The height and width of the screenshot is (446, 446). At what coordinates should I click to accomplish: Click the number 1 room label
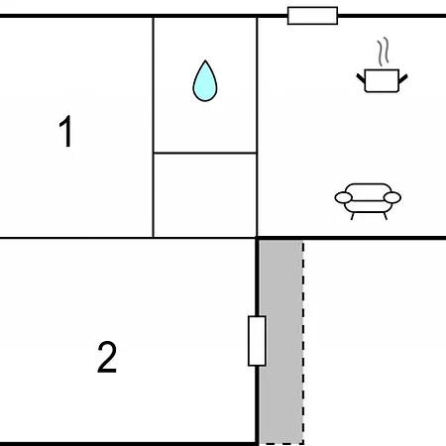tap(66, 131)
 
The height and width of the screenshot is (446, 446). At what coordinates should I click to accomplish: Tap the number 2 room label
tap(107, 357)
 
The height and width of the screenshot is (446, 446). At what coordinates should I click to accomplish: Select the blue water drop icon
tap(205, 81)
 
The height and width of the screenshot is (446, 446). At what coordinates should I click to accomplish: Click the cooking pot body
tap(382, 80)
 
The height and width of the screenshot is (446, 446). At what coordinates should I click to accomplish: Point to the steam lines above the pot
tap(384, 52)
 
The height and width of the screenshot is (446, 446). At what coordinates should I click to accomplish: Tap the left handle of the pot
tap(361, 78)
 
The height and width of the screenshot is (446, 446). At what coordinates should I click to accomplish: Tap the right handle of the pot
tap(403, 78)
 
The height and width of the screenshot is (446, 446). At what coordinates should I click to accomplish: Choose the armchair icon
tap(368, 201)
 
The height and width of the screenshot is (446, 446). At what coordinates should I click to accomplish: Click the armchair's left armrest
tap(344, 197)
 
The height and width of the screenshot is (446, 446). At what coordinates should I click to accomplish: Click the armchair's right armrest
tap(392, 197)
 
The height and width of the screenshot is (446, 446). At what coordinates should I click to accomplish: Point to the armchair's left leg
tap(353, 216)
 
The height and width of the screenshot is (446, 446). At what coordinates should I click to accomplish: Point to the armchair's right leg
tap(385, 216)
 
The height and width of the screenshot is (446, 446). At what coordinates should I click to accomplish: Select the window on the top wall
tap(312, 16)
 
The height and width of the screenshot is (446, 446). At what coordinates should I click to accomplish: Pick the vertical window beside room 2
tap(257, 341)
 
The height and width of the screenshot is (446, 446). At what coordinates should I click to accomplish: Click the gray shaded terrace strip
tap(280, 342)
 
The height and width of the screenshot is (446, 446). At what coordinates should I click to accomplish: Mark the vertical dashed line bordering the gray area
tap(303, 342)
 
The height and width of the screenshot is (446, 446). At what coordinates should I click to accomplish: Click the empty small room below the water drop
tap(205, 195)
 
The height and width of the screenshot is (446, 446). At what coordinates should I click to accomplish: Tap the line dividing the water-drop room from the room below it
tap(205, 153)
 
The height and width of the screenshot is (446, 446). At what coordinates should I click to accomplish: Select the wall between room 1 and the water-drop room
tap(154, 127)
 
